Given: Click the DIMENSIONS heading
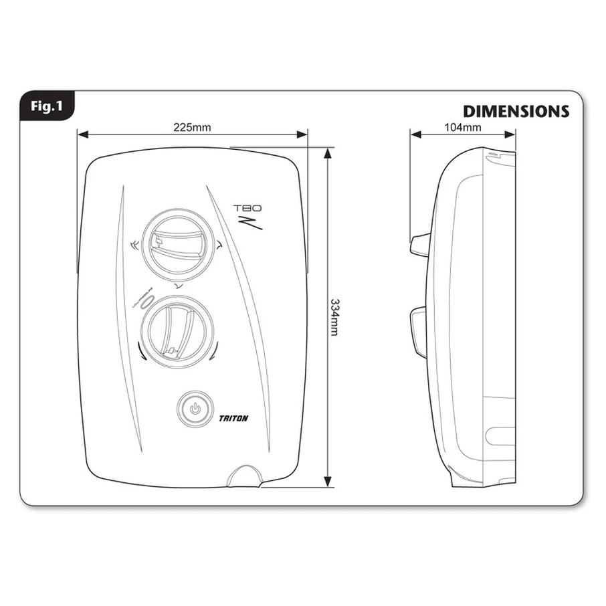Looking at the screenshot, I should coord(516,111).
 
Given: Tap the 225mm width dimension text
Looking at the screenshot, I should coord(192,127).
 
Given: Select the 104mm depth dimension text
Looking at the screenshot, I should coord(462,127).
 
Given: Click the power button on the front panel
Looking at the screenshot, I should coord(195,409).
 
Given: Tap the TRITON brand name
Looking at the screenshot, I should coord(233,419).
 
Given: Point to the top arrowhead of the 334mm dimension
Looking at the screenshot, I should coord(328,153).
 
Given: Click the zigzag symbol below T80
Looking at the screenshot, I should coord(256,223).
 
